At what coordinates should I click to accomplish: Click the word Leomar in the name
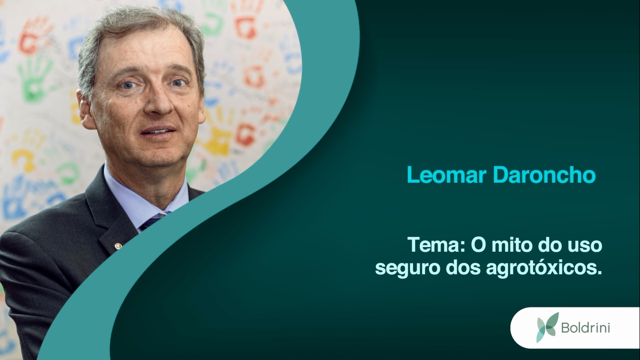447,174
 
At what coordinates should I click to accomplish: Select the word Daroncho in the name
544,174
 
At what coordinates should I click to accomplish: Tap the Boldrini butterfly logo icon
547,327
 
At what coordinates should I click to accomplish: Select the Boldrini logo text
586,328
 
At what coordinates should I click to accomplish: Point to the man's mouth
158,132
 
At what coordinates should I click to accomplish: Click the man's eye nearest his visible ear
128,85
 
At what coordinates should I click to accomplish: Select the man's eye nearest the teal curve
178,83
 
